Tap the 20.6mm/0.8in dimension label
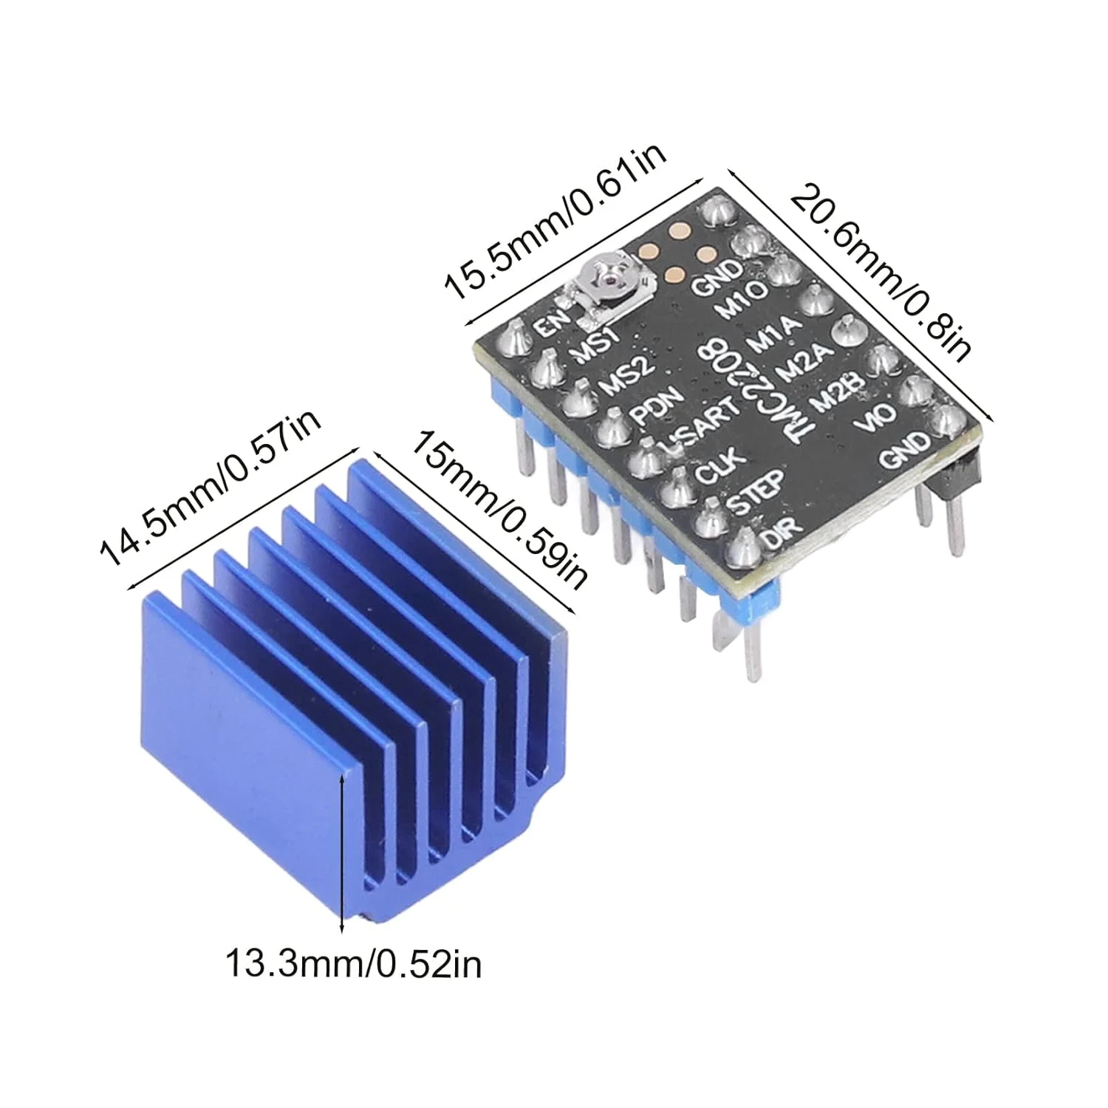click(x=879, y=266)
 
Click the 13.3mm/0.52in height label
click(x=353, y=964)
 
